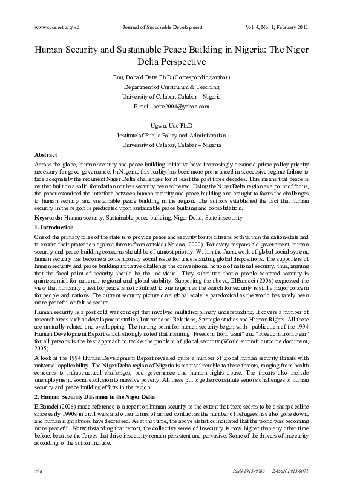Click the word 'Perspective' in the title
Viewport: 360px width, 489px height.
click(180, 62)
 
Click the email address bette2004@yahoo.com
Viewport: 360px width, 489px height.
click(180, 106)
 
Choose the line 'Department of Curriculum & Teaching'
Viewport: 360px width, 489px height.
click(180, 87)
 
